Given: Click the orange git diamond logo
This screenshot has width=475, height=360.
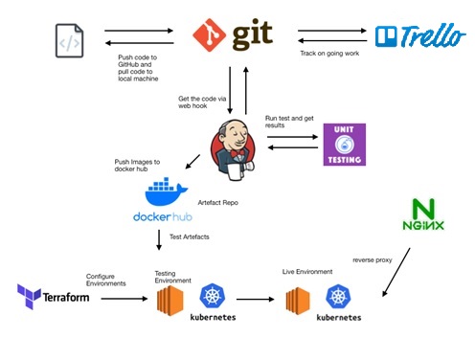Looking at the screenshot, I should tap(209, 35).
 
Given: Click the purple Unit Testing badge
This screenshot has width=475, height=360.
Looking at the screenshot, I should tap(344, 143).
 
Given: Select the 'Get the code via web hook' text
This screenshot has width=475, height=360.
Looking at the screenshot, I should tap(204, 102).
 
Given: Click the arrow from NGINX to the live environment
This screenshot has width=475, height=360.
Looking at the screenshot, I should tap(396, 273).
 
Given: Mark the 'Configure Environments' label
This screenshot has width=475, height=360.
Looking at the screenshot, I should tap(106, 280).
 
